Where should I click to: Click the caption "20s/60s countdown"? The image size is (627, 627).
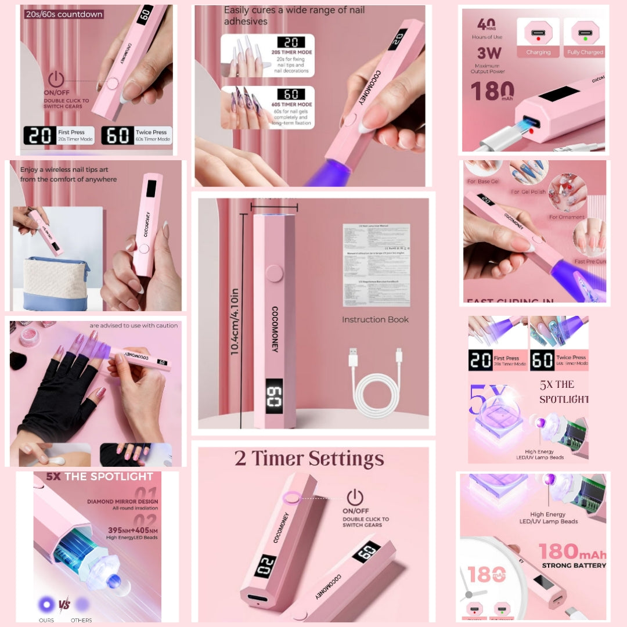click(64, 14)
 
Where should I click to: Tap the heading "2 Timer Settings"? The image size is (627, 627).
click(309, 458)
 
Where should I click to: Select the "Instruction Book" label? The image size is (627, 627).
click(375, 319)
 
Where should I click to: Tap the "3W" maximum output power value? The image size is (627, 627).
click(489, 53)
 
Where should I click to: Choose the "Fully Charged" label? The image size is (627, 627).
click(585, 52)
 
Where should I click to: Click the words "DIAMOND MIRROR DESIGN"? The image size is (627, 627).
click(122, 502)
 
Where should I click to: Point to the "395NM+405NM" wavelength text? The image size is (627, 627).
click(122, 530)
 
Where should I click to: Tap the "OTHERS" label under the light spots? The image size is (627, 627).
click(81, 620)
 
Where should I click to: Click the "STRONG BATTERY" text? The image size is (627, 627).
click(574, 565)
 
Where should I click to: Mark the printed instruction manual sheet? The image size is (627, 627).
click(376, 265)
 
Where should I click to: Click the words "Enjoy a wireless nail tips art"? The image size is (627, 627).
click(69, 170)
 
